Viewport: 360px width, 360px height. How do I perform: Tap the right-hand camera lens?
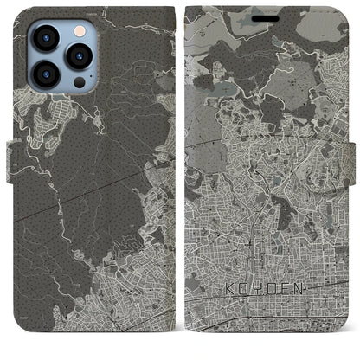coord(80,57)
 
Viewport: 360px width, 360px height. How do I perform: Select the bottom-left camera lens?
coord(44,74)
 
